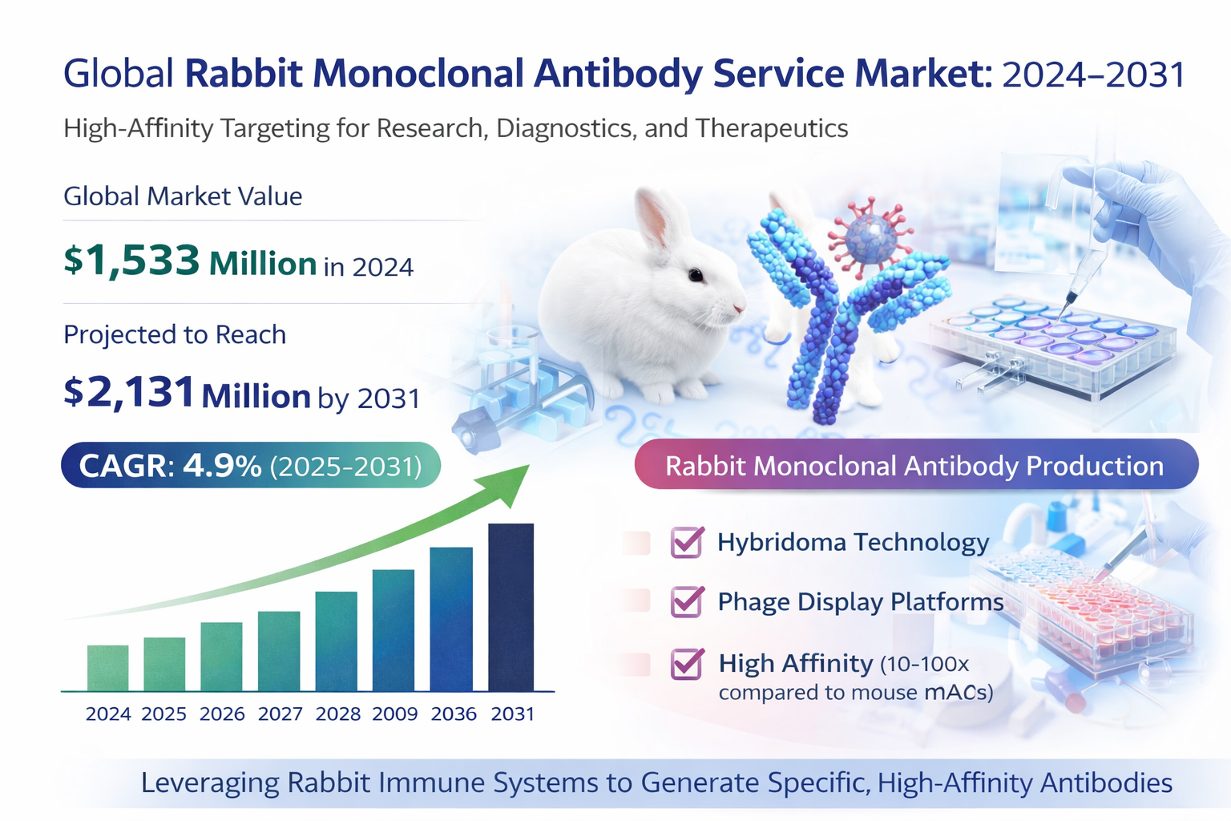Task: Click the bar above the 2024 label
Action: coord(107,668)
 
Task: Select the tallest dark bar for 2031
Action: coord(511,607)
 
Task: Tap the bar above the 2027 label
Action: coord(279,651)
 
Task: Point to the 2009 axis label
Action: coord(395,714)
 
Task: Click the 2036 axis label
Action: coord(454,714)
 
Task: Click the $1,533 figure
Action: coord(132,261)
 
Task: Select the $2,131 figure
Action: coord(130,393)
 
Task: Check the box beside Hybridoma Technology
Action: coord(687,543)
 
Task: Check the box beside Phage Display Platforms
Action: coord(687,602)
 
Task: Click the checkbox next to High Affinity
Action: coord(687,664)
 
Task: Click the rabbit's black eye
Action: coord(696,276)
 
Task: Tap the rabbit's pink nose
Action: coord(738,305)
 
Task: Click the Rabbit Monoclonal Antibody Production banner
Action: coord(915,466)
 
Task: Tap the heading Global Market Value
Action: coord(183,196)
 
